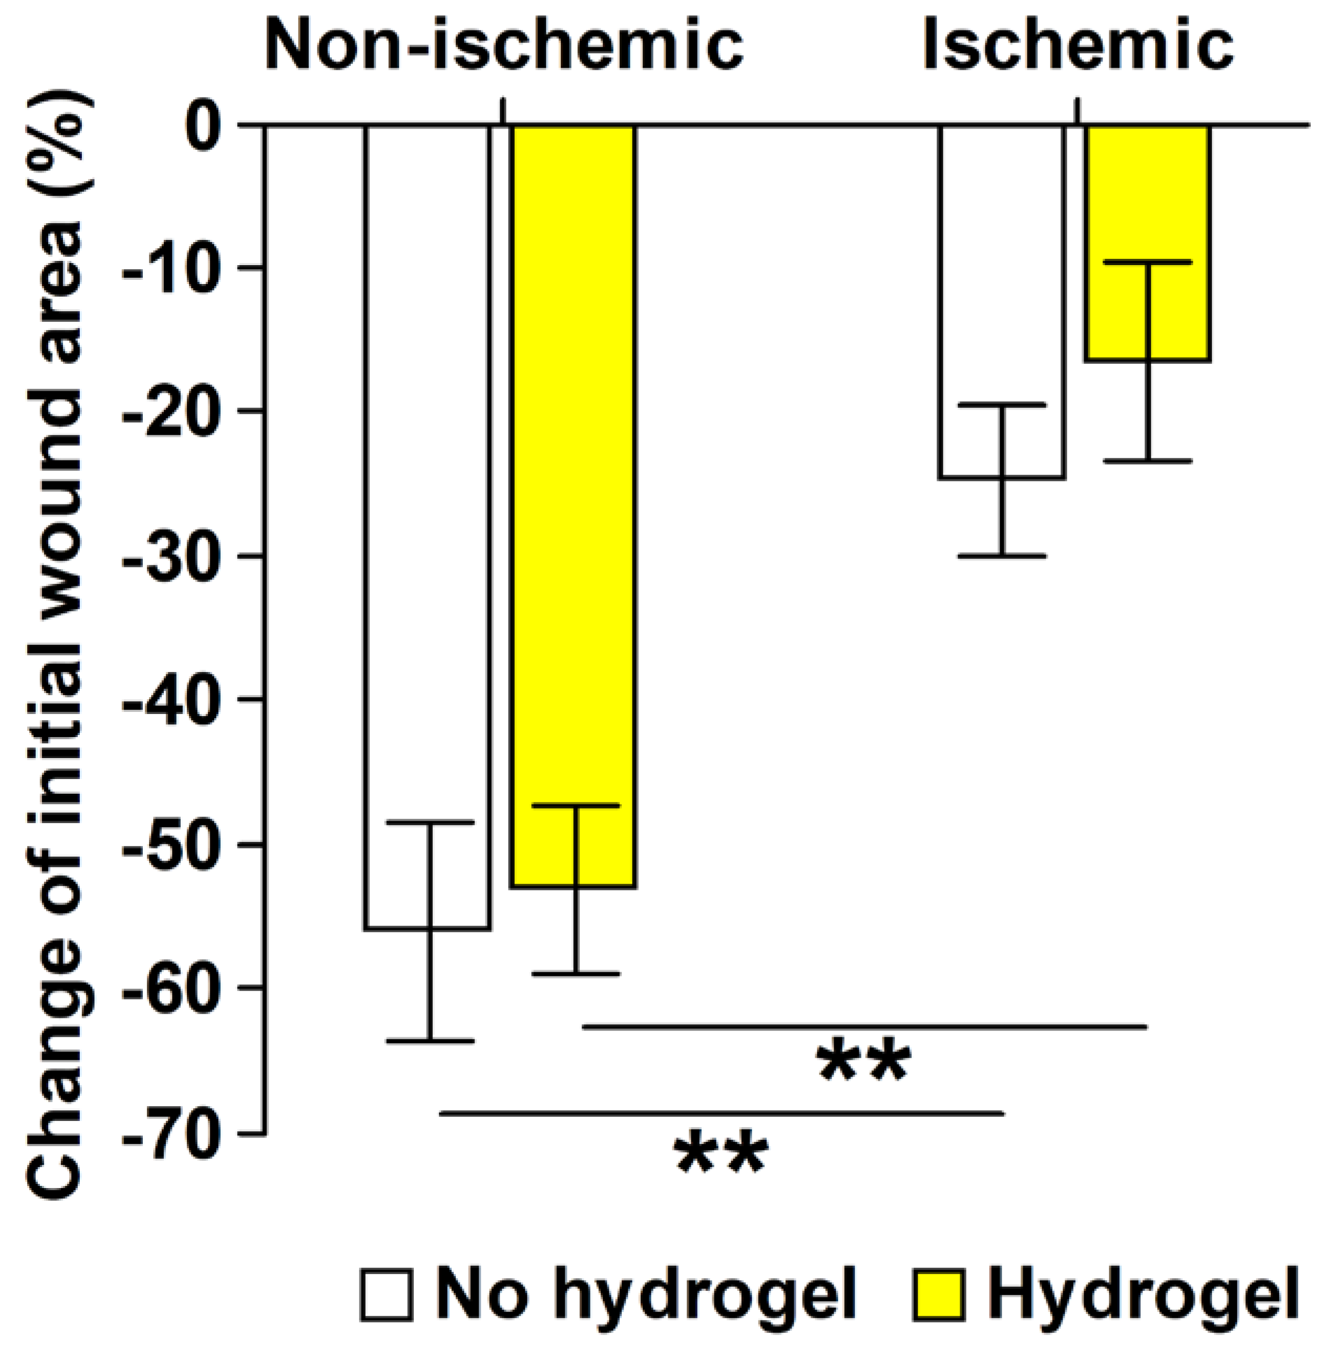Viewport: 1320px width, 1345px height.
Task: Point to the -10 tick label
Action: click(182, 269)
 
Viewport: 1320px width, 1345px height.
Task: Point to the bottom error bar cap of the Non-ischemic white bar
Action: click(430, 1042)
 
